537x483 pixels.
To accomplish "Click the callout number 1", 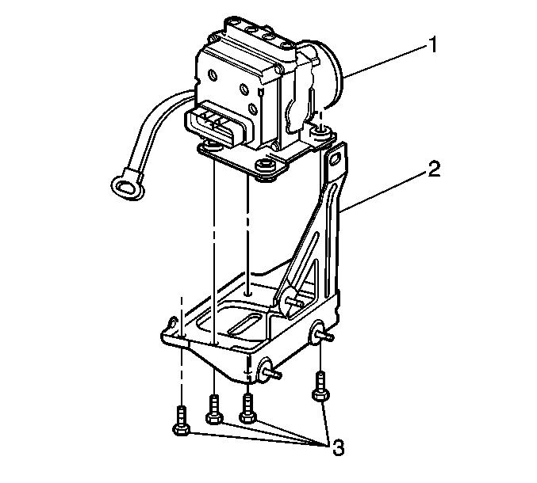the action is (433, 45).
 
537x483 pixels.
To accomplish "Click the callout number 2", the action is (434, 169).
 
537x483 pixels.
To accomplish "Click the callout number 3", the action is (339, 447).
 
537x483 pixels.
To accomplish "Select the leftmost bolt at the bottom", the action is (181, 420).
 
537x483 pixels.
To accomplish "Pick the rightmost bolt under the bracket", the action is (320, 386).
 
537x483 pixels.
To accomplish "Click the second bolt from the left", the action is (214, 409).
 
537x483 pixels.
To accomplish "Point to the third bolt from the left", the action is (247, 408).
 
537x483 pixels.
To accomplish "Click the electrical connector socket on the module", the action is (217, 127).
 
